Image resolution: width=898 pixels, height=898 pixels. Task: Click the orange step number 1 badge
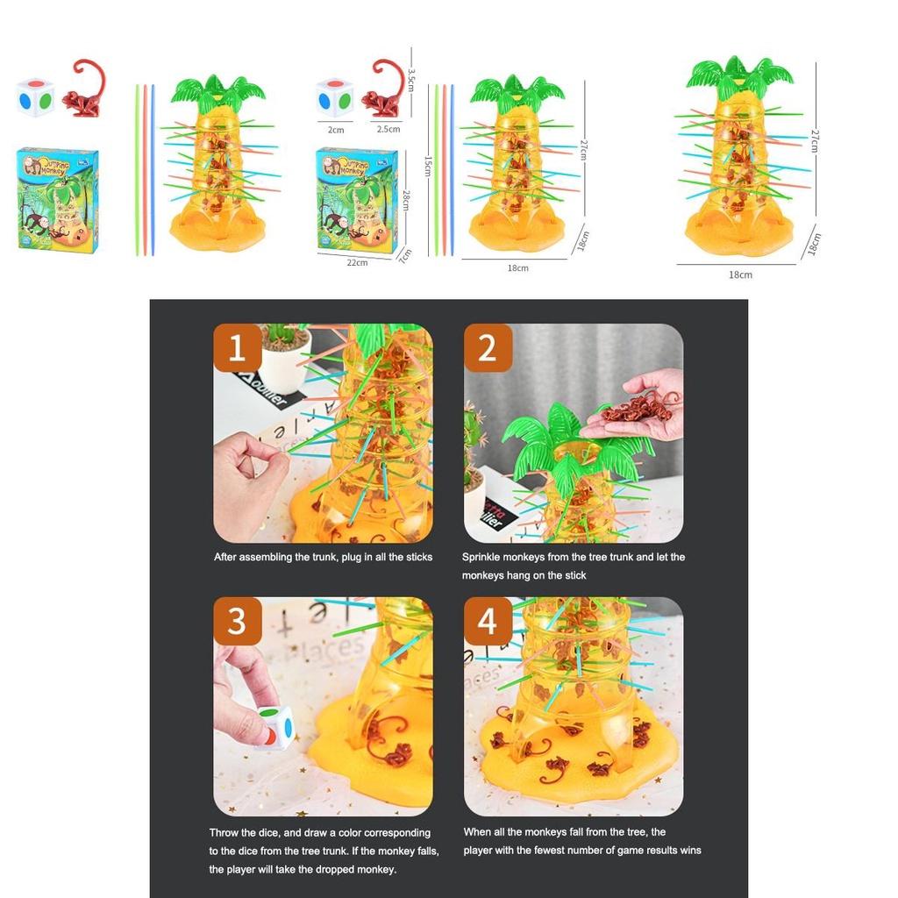coord(237,348)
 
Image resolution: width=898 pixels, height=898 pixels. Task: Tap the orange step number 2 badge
coord(488,348)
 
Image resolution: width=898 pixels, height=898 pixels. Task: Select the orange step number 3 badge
coord(237,621)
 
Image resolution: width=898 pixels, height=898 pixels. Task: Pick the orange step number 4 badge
coord(488,621)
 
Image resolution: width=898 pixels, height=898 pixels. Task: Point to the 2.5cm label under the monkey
coord(388,129)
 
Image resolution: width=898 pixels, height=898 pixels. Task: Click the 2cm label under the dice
coord(336,130)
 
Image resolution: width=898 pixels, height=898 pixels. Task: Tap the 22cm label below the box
coord(357,262)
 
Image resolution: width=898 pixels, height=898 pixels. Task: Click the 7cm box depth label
coord(405,255)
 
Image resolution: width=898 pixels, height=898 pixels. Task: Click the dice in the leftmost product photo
coord(35,97)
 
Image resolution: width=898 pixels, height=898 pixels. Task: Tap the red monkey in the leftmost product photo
coord(84,90)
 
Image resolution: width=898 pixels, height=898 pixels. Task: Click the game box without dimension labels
coord(58,199)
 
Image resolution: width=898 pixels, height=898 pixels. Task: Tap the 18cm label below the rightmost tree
coord(740,274)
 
